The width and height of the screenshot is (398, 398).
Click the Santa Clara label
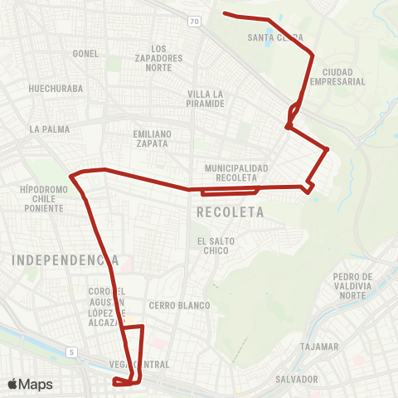[x=275, y=37]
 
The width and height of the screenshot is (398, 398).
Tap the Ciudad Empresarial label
[x=337, y=77]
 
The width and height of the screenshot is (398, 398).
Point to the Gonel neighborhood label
[x=85, y=53]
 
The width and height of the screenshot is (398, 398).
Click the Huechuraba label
[x=53, y=87]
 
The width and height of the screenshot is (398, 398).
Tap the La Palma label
[x=49, y=129]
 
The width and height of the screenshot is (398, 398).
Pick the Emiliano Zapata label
[x=151, y=138]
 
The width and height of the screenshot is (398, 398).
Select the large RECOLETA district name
[x=231, y=212]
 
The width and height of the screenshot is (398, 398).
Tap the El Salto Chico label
[x=213, y=245]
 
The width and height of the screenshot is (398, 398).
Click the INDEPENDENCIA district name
[x=66, y=260]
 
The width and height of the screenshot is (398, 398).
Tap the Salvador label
[x=298, y=379]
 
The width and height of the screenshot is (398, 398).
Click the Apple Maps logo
[x=30, y=384]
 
